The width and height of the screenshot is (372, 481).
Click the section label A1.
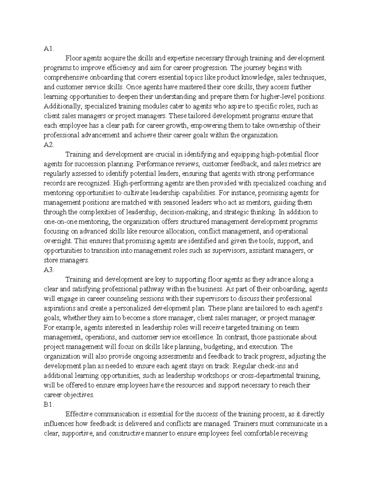(49, 49)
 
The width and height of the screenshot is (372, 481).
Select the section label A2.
(49, 145)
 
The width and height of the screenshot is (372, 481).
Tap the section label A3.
(49, 270)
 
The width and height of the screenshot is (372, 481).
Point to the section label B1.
(49, 404)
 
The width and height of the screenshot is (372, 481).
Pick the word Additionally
(62, 106)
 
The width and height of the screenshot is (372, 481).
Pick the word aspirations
(60, 308)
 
